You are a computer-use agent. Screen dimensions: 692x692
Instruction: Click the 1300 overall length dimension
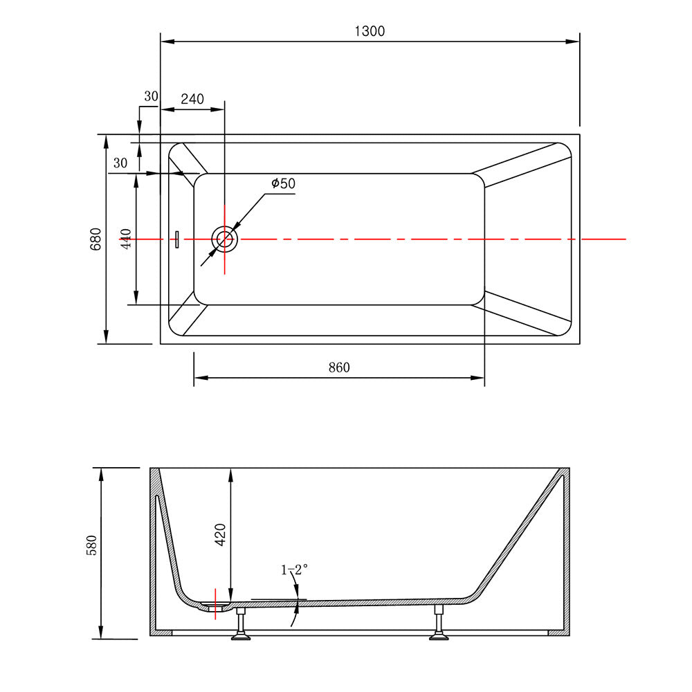[370, 31]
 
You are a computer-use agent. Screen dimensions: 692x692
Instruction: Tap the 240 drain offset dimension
[192, 99]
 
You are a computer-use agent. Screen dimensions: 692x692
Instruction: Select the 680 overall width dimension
[95, 239]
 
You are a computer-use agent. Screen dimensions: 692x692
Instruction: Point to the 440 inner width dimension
[126, 239]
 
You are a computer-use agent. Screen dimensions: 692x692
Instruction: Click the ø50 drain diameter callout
[283, 183]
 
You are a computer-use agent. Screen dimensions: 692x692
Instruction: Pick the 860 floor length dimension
[339, 367]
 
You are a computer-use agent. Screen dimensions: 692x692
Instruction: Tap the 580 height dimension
[91, 545]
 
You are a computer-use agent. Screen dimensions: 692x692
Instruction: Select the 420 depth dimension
[220, 534]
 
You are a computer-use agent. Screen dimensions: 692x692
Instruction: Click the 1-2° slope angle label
[294, 570]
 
